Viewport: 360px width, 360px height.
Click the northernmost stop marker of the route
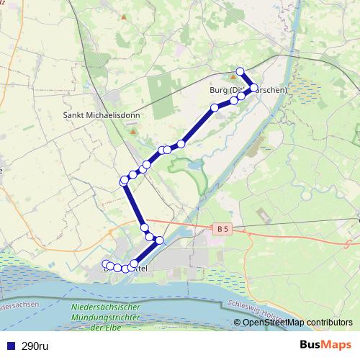tap(240, 71)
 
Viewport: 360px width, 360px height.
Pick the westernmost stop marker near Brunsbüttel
tap(106, 264)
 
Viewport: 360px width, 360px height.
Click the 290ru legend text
tap(35, 346)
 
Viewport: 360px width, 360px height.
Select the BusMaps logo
tap(326, 346)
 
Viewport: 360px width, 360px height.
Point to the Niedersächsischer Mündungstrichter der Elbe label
tap(106, 318)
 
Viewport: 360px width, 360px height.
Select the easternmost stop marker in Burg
tap(253, 88)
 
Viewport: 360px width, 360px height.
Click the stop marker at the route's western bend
tap(124, 181)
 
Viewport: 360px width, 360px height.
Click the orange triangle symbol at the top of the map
tap(124, 16)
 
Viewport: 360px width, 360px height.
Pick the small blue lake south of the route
tap(194, 166)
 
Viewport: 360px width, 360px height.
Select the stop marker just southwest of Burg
tap(215, 108)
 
